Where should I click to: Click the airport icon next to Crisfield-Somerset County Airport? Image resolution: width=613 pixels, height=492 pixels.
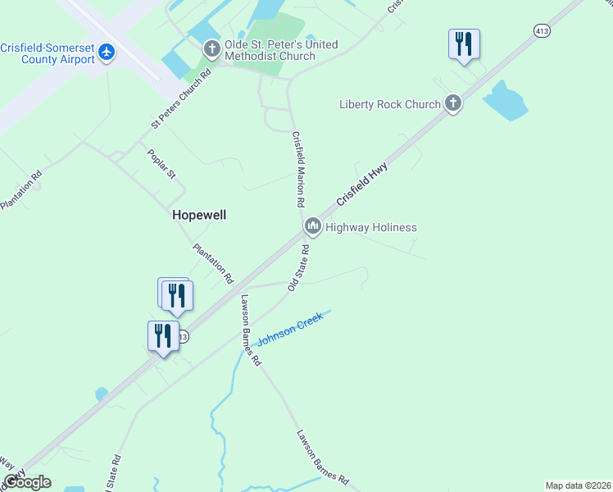coord(107,52)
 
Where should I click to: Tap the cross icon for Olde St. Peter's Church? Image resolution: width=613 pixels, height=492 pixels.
coord(211,50)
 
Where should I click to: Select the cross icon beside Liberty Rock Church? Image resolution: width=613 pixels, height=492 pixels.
coord(453,103)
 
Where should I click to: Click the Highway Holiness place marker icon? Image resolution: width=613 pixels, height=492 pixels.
coord(312,226)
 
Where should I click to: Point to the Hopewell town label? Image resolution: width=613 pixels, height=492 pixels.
coord(199,215)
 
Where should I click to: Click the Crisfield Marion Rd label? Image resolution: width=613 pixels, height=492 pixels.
coord(298,169)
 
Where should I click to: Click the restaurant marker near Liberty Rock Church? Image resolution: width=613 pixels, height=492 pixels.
coord(464,43)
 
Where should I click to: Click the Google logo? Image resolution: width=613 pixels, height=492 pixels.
coord(27,482)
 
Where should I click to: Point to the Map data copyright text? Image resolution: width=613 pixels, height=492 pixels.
coord(578,485)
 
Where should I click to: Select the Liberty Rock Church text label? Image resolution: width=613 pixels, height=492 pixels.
coord(389,104)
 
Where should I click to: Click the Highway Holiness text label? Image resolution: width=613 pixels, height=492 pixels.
coord(371,227)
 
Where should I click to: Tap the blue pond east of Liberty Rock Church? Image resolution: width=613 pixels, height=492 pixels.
coord(505,101)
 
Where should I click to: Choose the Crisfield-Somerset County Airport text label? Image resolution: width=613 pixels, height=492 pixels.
coord(47,52)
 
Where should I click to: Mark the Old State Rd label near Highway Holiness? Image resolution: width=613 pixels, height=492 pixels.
coord(298,268)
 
